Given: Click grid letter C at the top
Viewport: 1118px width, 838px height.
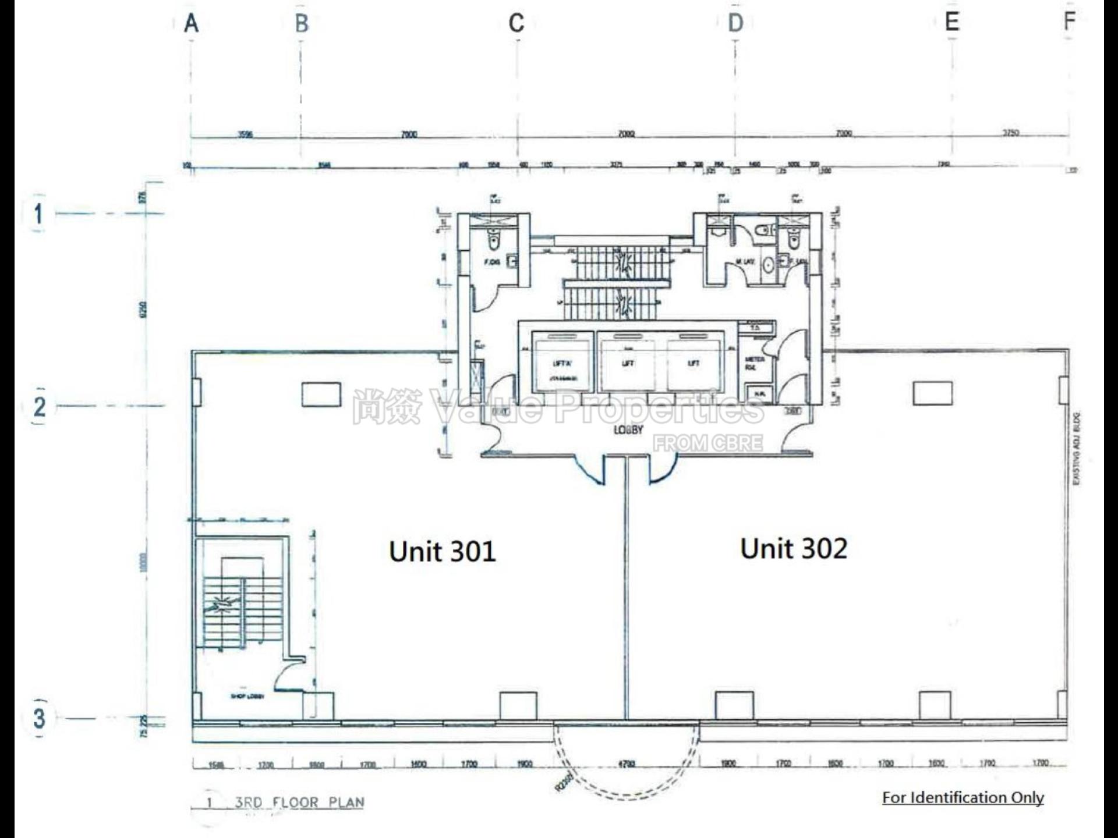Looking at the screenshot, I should (516, 24).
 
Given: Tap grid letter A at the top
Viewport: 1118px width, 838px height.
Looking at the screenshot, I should (192, 24).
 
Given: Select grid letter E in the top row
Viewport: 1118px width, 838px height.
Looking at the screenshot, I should (952, 22).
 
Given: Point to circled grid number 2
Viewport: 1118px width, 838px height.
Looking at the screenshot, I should (39, 406).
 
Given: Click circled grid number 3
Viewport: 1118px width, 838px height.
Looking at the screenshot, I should (39, 718).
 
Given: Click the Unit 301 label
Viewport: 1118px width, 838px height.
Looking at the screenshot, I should (442, 551).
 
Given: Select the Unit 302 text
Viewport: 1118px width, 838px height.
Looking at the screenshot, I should (794, 548).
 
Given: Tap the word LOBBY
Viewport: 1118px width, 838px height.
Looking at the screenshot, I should (628, 430).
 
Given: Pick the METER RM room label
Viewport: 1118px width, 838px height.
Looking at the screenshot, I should (754, 364).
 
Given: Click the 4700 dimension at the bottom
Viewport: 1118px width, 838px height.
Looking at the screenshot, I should (626, 764).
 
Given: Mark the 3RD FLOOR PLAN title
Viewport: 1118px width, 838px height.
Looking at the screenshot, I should (299, 803).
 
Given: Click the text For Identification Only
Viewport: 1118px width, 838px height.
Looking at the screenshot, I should (963, 797).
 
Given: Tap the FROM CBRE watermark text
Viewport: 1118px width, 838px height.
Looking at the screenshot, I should (707, 443).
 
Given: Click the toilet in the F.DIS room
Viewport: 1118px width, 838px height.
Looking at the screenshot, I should (493, 239).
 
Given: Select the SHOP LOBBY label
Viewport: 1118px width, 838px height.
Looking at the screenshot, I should (247, 697).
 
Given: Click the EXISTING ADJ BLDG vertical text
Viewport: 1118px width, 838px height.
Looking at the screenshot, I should (1076, 449).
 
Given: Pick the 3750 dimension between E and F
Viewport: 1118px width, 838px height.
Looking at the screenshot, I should (1010, 133).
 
